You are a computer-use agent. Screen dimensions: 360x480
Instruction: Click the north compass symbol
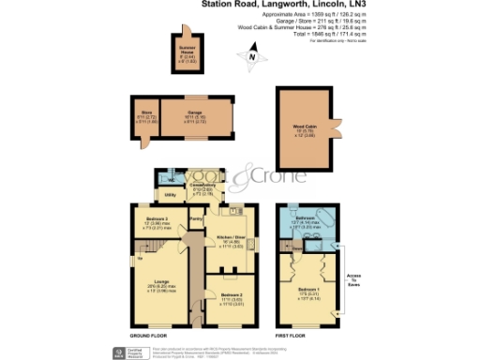click(x=251, y=58)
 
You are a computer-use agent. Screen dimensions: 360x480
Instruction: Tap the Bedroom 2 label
click(x=230, y=297)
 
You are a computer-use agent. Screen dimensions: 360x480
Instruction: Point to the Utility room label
click(x=171, y=195)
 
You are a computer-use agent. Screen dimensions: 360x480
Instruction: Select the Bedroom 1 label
click(x=314, y=290)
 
